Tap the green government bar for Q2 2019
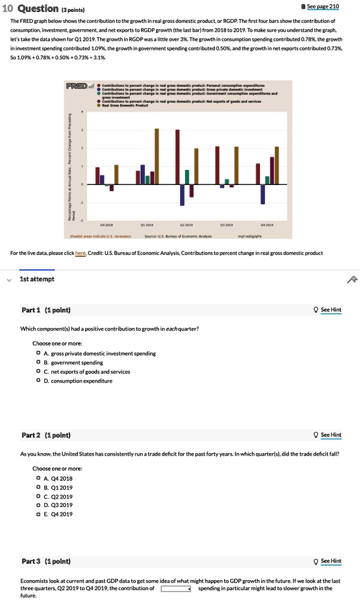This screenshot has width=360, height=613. tap(187, 177)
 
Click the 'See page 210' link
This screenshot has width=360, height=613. tap(322, 6)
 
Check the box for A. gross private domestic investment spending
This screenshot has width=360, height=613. tap(38, 353)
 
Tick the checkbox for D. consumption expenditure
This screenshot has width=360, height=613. tap(38, 381)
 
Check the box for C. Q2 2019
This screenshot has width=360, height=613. tap(38, 496)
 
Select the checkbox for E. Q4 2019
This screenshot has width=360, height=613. tap(38, 514)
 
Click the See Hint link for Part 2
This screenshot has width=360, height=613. tap(331, 435)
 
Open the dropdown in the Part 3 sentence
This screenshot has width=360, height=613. tap(176, 588)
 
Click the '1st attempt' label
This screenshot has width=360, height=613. tap(37, 279)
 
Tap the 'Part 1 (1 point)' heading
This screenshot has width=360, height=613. tap(46, 309)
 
